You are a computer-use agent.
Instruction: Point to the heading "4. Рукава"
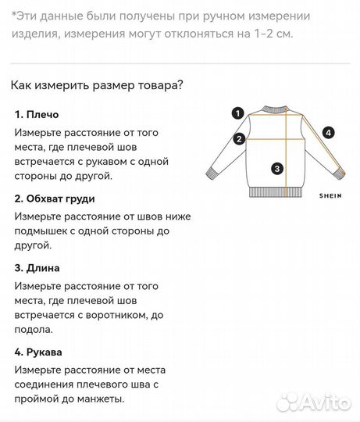[41, 351]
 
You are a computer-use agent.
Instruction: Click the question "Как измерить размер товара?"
[97, 86]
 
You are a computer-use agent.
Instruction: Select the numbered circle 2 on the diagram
[238, 139]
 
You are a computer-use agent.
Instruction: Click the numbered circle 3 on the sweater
[276, 167]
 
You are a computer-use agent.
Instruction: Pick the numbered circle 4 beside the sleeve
[329, 133]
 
